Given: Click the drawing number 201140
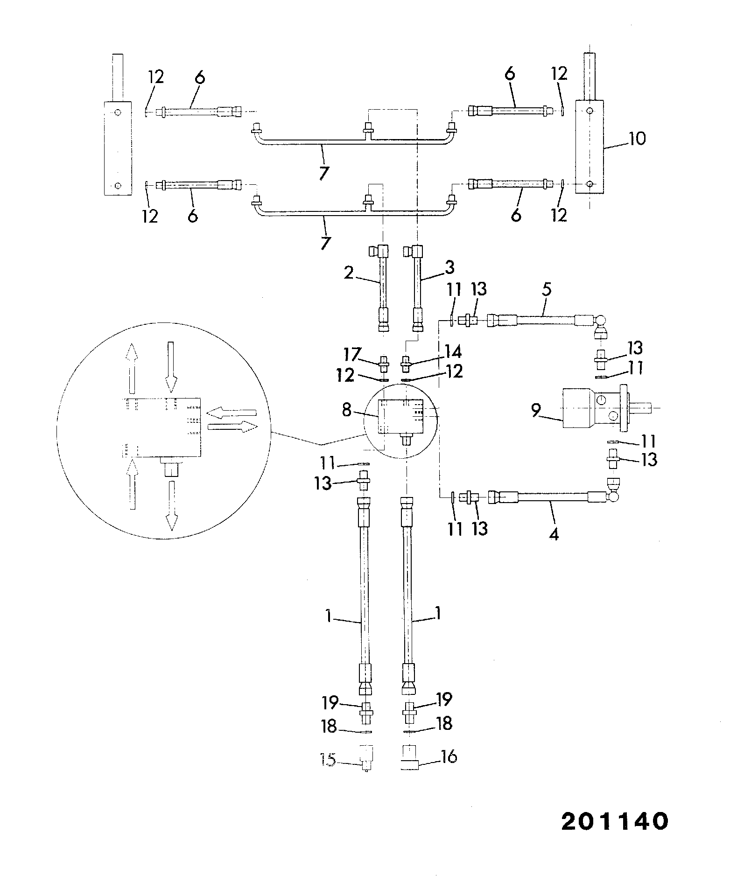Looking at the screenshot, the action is (615, 821).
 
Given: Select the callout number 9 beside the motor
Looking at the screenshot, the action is (536, 411).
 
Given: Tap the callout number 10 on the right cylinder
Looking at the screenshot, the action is (637, 139).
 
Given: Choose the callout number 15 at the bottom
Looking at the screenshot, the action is (328, 759).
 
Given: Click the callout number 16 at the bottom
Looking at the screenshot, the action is (449, 756).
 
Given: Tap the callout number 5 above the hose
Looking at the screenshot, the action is (547, 290).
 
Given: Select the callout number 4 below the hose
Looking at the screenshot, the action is (554, 533).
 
